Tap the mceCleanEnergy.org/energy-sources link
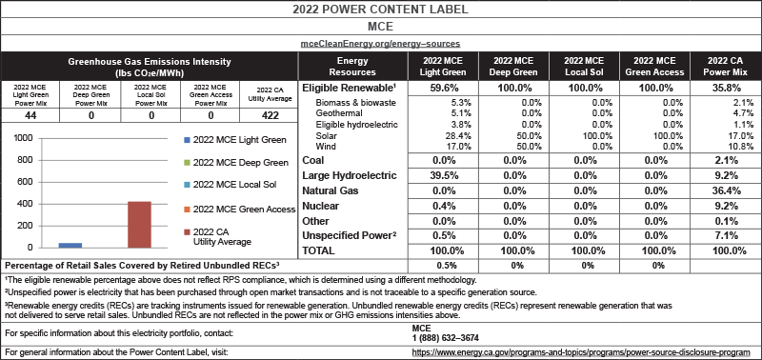(381, 44)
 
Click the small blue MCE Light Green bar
(44, 245)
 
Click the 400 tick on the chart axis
(22, 205)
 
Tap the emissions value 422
(271, 115)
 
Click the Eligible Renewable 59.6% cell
(439, 87)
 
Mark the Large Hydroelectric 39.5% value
(439, 175)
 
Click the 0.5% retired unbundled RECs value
(439, 264)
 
